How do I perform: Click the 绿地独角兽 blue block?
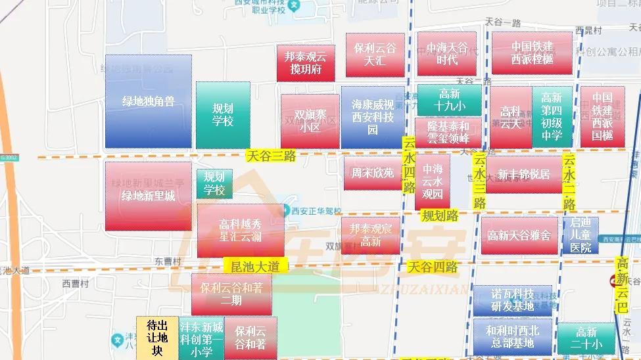click(148, 101)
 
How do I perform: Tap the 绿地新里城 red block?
click(148, 196)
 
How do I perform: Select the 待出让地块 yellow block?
click(156, 338)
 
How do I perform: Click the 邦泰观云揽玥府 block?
click(306, 63)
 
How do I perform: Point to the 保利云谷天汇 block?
click(375, 55)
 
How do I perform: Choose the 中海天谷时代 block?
click(446, 54)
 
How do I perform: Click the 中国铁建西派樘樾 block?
click(532, 53)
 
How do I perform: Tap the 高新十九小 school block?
click(450, 101)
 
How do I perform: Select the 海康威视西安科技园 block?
click(373, 117)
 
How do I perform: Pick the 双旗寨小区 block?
click(310, 121)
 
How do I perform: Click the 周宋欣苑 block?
click(372, 173)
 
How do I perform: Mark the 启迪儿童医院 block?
click(581, 235)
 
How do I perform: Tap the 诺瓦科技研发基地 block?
click(513, 300)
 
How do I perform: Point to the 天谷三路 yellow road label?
click(271, 156)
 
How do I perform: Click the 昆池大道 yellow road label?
click(256, 266)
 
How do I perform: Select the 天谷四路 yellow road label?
click(433, 267)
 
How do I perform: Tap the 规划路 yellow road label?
click(440, 215)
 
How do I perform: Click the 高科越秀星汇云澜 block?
click(241, 230)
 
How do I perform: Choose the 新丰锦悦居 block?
click(523, 174)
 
